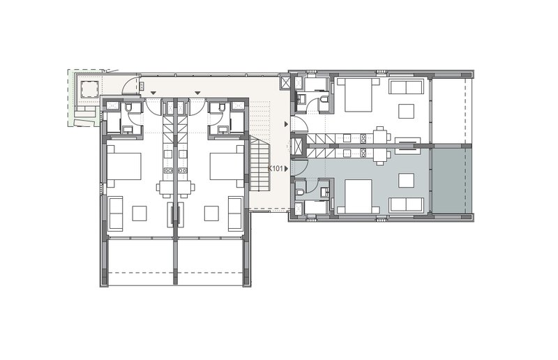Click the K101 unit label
point(276,168)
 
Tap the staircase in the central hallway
point(259,164)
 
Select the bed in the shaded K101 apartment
point(359,196)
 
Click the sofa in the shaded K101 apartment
point(407,205)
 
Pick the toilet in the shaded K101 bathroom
point(301,192)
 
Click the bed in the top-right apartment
point(359,95)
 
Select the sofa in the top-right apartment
point(407,87)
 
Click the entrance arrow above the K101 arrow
point(286,124)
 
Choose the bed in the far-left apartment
point(124,166)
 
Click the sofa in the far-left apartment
point(116,213)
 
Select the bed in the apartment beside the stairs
point(227,166)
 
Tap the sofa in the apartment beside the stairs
point(236,213)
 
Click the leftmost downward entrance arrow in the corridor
point(153,93)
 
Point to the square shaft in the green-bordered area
point(89,89)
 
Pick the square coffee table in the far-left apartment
point(139,213)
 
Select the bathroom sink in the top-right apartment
point(301,99)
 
